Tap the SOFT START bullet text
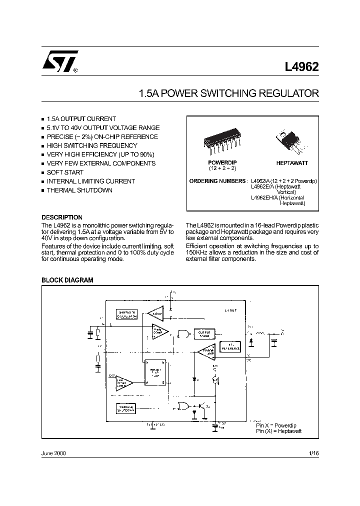coord(65,172)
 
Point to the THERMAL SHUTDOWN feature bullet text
coord(79,190)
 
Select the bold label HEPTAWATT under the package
coord(292,163)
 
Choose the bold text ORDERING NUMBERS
coord(218,180)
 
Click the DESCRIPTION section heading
coord(61,217)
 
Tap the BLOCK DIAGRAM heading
coord(67,280)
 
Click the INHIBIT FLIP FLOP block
coord(155,373)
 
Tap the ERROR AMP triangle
coord(206,352)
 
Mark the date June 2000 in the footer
coord(53,453)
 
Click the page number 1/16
coord(313,453)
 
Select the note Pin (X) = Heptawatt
coord(279,431)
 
